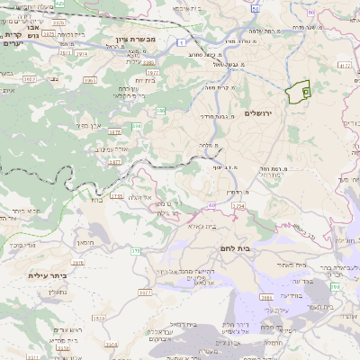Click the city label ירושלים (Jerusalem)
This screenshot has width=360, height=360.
[x=257, y=113]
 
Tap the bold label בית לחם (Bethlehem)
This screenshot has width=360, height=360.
[x=233, y=247]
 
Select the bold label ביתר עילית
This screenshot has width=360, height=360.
[x=48, y=275]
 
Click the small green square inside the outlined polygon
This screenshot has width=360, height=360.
[x=305, y=92]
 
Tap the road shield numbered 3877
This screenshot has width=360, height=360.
[x=115, y=162]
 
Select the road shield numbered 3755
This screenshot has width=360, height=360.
[x=116, y=195]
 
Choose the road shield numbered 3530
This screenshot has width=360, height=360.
[x=99, y=318]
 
